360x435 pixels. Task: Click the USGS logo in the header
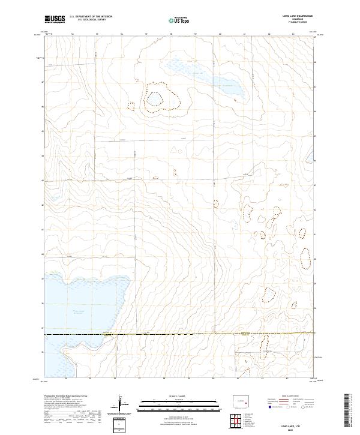coord(55,19)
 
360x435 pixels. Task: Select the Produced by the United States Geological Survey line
coord(66,397)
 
